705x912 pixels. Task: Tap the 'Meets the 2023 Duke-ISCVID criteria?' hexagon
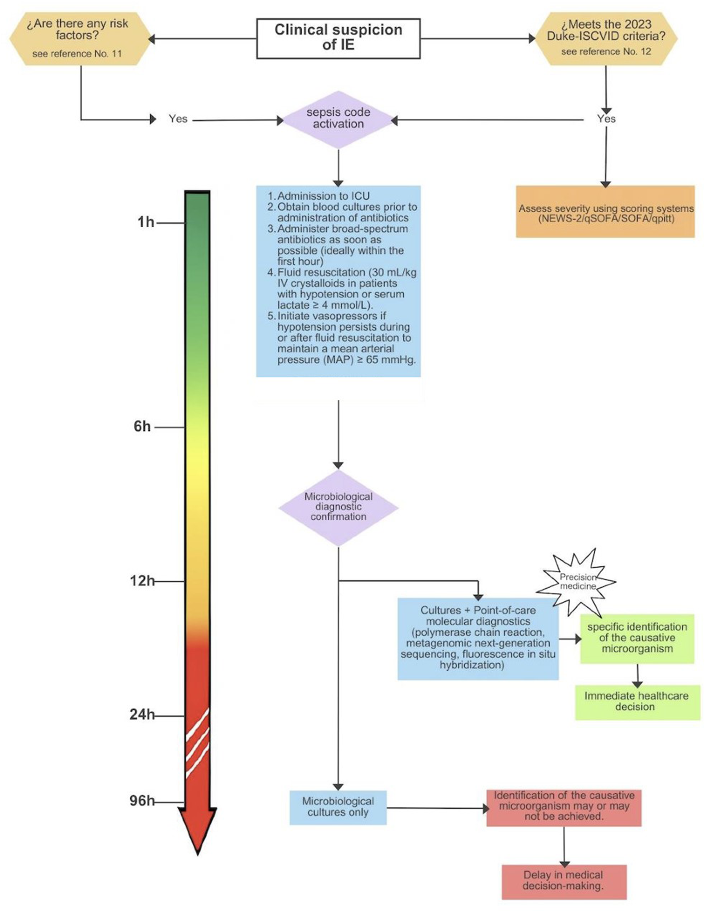click(606, 38)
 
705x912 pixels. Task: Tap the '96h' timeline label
click(142, 801)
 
